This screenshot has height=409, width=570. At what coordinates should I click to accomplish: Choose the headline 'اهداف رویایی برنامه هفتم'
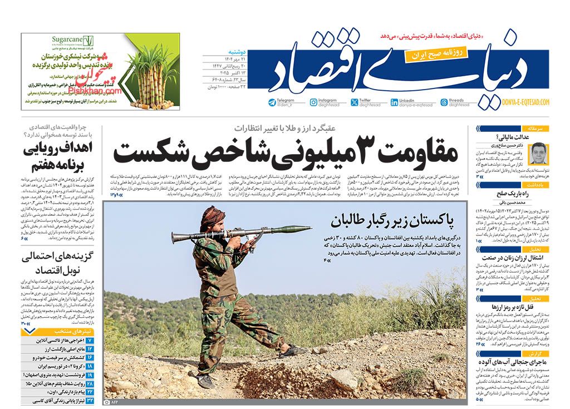[x=54, y=157]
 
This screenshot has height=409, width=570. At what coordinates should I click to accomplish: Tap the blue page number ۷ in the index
[x=91, y=340]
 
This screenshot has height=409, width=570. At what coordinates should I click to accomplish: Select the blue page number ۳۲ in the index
[x=91, y=400]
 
